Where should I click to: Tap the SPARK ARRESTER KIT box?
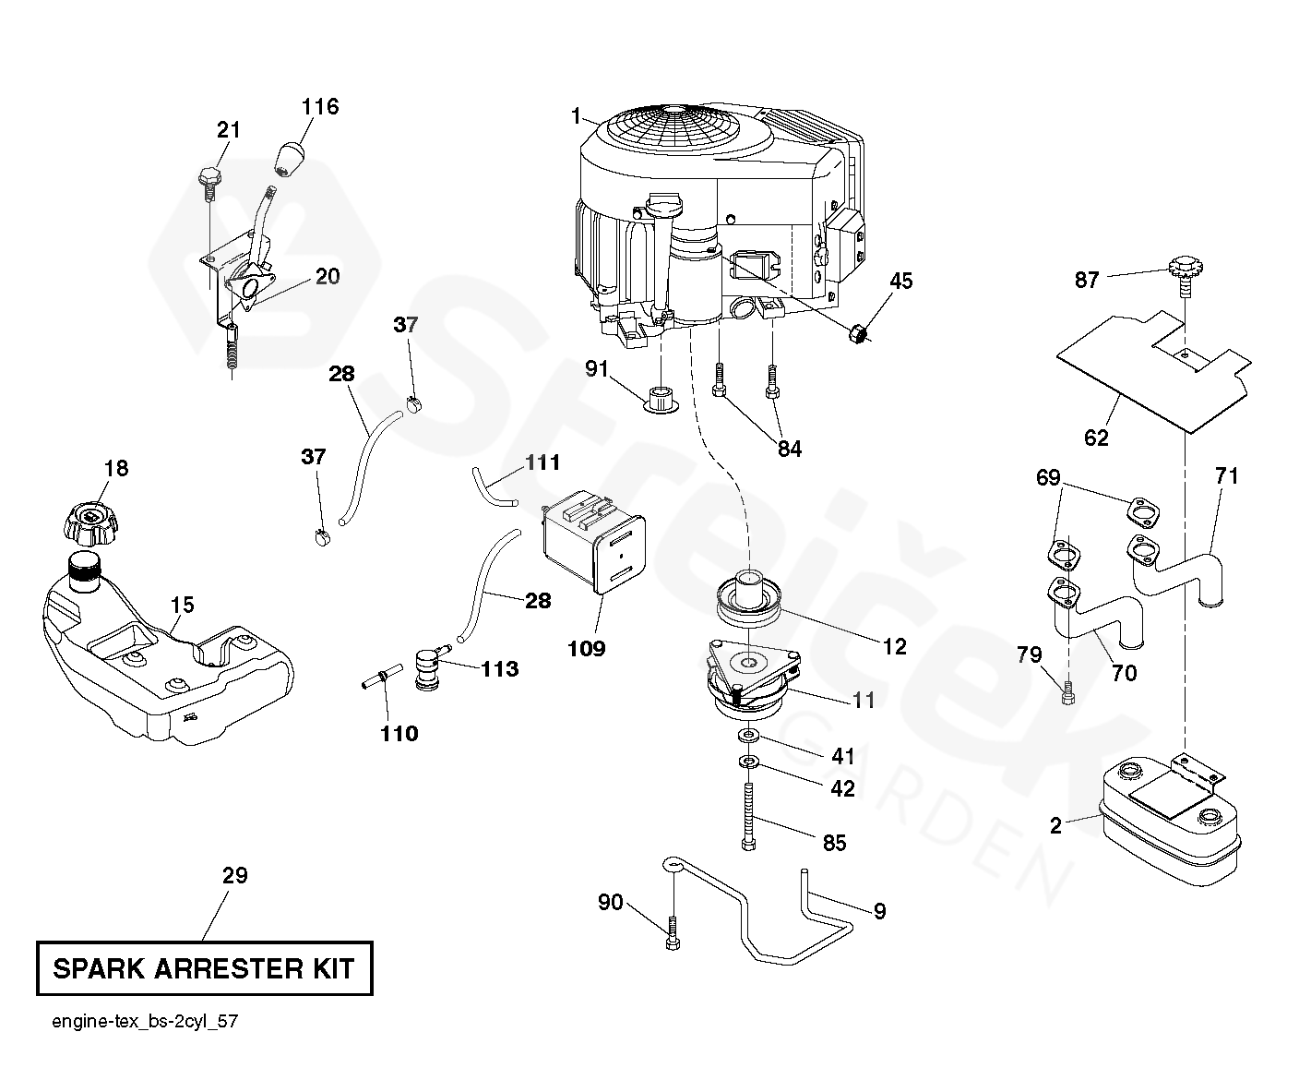point(204,968)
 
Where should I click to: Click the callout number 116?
point(320,107)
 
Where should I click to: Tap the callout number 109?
point(587,648)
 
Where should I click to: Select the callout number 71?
point(1226,476)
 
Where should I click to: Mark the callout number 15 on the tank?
point(183,606)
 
